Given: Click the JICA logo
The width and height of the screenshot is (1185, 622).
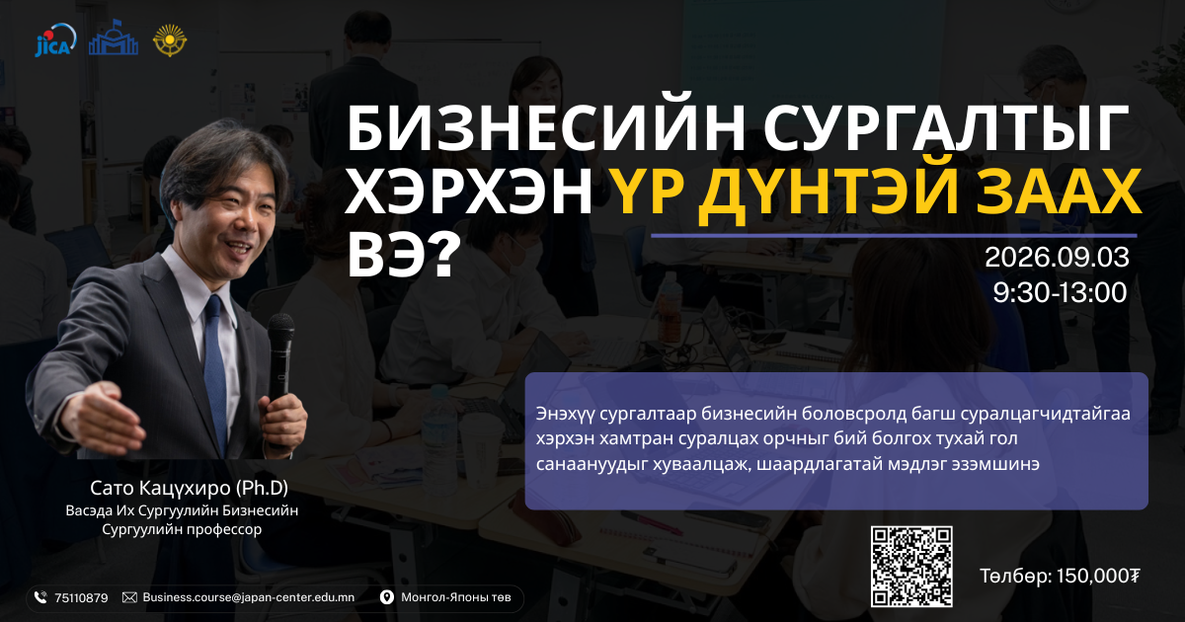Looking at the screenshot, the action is coord(55,40).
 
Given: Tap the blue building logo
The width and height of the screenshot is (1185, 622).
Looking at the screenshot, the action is coord(114,38).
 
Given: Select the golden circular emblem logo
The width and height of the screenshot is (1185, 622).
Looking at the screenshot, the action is coord(170,40).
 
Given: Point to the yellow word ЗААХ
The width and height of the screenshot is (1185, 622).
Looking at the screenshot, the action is coord(1058,194).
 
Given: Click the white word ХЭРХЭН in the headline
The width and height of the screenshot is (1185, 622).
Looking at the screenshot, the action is coord(469,194).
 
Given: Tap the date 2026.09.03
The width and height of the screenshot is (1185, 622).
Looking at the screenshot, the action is coord(1057,258).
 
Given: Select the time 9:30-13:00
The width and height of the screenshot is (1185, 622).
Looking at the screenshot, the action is coord(1060,292).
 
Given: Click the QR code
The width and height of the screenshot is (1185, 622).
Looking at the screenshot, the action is coord(911,567).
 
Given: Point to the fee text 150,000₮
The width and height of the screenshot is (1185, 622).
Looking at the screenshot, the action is coord(1098,576).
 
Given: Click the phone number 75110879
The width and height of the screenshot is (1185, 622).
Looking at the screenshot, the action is coord(81,598).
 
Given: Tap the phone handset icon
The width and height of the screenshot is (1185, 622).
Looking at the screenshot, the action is coord(40,597).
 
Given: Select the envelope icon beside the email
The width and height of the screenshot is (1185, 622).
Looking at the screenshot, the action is coord(129,597).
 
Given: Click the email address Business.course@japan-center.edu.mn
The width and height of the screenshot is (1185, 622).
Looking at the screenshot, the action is coord(249,597).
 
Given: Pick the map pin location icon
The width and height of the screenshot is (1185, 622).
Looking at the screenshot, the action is coord(387,597).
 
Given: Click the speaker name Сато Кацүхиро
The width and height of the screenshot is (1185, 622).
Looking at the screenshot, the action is coord(160,488).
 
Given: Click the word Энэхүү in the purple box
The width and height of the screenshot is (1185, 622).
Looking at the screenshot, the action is coord(565,414).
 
